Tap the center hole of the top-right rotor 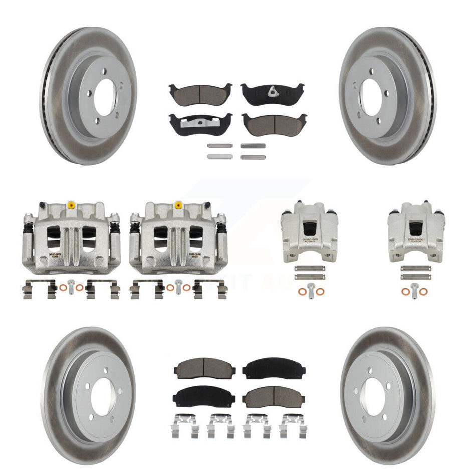tap(371, 96)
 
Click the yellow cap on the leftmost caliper tap(71, 205)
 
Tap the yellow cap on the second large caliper tap(178, 205)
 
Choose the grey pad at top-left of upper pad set tap(200, 92)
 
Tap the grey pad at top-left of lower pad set tap(199, 369)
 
